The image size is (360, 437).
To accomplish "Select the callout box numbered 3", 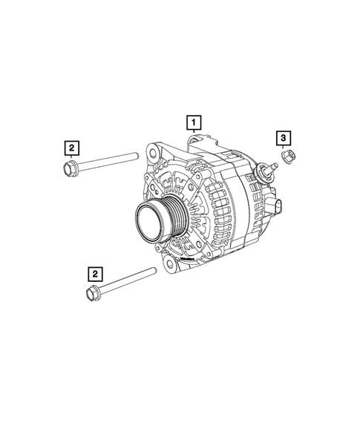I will coord(283,137).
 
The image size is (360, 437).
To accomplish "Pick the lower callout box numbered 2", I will coord(94,273).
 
